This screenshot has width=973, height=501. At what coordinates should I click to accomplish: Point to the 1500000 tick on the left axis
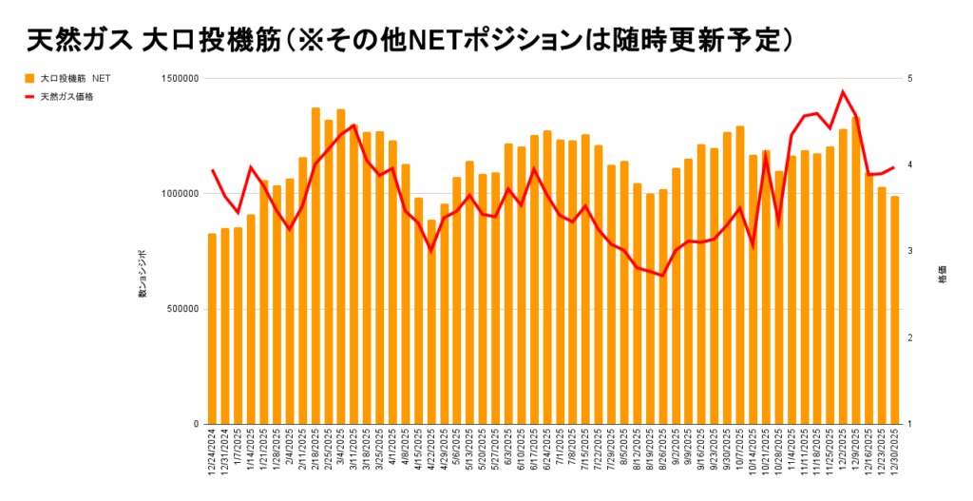tap(177, 79)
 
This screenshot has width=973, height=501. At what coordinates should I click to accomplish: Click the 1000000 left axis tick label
tap(177, 194)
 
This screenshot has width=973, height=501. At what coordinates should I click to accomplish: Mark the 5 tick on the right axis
tap(910, 79)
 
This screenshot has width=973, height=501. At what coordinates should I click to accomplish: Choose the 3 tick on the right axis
tap(910, 252)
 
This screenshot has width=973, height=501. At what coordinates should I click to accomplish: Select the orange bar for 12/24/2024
tap(212, 328)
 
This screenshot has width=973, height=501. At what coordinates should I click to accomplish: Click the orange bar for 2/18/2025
tap(315, 266)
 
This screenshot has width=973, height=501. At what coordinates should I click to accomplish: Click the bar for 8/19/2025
tap(650, 308)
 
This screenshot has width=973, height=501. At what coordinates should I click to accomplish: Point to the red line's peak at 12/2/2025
tap(843, 92)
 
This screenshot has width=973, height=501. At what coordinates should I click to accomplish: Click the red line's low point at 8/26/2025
tap(662, 276)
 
